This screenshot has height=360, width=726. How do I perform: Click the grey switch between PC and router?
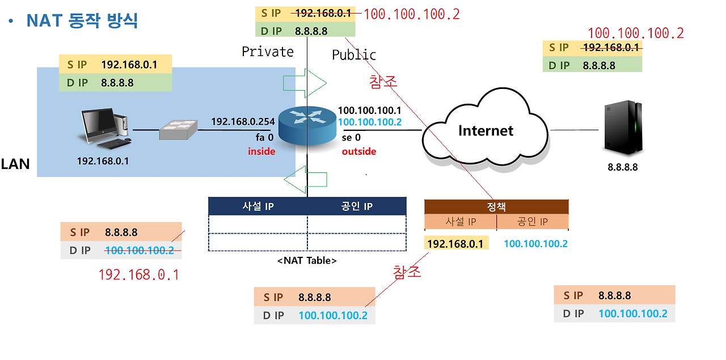pos(178,130)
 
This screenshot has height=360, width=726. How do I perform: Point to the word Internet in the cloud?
pos(486,130)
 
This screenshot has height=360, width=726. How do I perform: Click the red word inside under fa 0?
pos(261,151)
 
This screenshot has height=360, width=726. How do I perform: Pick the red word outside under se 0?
pos(358,151)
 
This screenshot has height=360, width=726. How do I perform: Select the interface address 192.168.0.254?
pos(243,121)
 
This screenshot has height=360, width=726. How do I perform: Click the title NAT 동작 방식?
pos(82,22)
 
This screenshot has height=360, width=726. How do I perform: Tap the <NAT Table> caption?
pos(307,261)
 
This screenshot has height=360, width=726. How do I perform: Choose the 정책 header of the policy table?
pos(496,207)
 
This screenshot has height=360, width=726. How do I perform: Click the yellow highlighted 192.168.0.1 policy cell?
pos(455,244)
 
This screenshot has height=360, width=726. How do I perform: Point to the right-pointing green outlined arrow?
pos(305,83)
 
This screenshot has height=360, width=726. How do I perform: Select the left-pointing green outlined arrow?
pos(305,179)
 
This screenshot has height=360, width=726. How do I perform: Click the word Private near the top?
pos(268,52)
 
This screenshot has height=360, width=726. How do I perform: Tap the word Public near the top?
pos(354,54)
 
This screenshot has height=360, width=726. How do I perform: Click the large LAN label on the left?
pos(15,164)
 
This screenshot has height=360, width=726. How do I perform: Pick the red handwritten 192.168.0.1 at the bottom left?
pos(139,275)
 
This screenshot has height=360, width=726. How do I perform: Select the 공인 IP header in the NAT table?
pos(356,206)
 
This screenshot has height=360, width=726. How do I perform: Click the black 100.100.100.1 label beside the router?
pos(370,111)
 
